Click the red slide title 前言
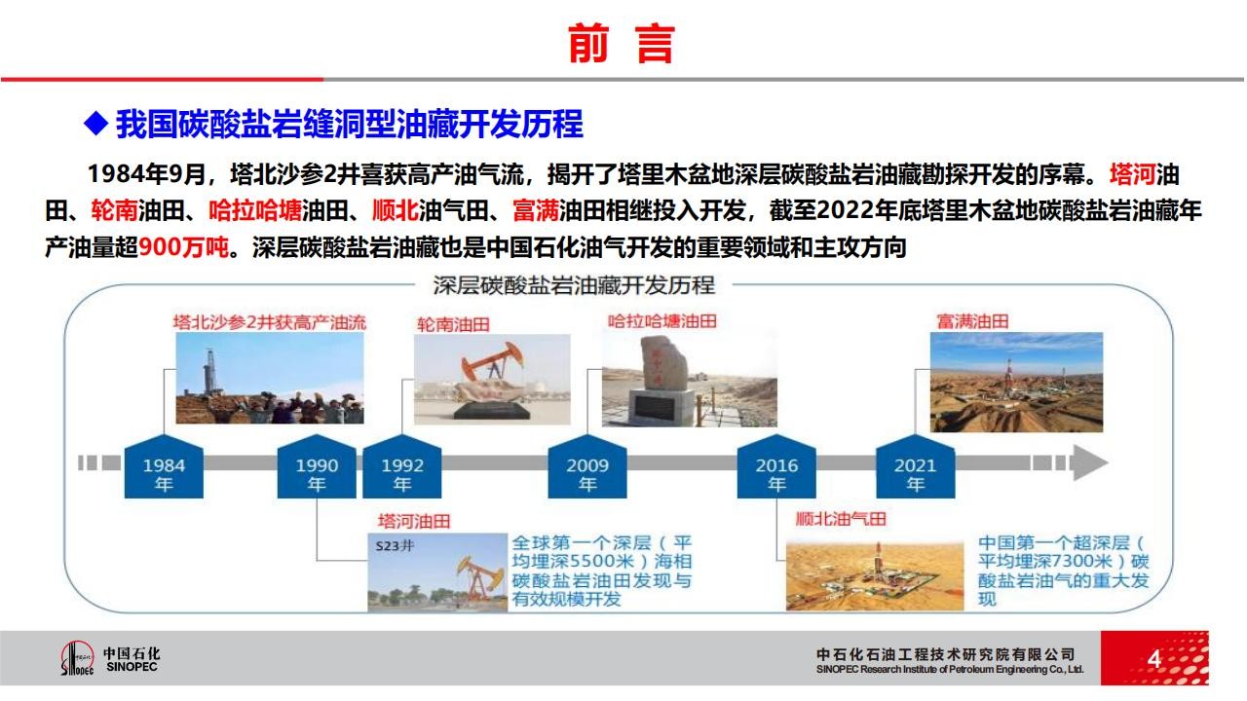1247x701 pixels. [x=622, y=44]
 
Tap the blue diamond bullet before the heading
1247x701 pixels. [x=95, y=123]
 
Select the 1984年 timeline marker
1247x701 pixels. [x=164, y=466]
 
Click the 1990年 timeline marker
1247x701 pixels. [x=317, y=466]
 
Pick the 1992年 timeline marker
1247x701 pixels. [x=402, y=466]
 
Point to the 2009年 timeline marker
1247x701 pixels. [x=587, y=466]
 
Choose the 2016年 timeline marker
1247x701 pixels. [x=776, y=466]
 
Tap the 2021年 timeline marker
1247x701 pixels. [x=915, y=466]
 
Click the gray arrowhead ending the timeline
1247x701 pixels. [x=1090, y=462]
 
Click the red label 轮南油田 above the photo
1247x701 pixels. [x=453, y=324]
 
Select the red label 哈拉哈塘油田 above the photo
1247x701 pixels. [x=661, y=321]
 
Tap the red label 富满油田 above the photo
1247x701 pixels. [x=972, y=321]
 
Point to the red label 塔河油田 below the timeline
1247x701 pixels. [x=414, y=521]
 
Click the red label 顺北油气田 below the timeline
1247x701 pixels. [x=841, y=519]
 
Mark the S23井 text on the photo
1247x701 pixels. [x=395, y=546]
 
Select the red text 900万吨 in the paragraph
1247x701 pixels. [x=183, y=247]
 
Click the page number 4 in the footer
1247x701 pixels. [x=1154, y=659]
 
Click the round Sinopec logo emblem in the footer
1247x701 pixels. [x=77, y=658]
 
